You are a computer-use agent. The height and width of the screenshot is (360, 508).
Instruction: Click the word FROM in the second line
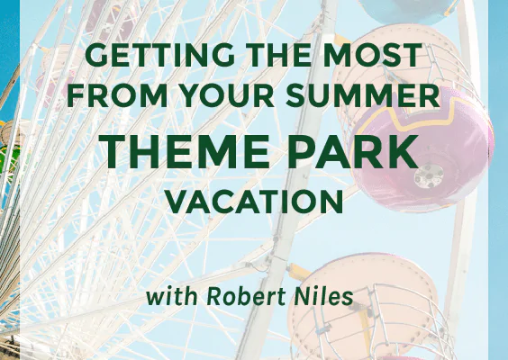(x=117, y=95)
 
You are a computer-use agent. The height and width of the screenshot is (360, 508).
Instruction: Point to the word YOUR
(x=227, y=95)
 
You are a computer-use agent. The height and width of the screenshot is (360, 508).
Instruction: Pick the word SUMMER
(x=363, y=95)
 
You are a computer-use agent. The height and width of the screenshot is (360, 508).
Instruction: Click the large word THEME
(x=184, y=151)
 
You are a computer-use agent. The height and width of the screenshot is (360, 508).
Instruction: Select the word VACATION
(x=254, y=202)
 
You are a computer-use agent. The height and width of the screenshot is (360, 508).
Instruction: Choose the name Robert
(x=246, y=296)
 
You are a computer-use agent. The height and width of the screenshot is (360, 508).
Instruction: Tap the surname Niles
(x=323, y=296)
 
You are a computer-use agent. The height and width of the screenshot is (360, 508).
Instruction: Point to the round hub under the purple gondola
(x=429, y=175)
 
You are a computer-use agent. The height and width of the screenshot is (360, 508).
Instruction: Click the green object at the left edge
(x=5, y=158)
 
